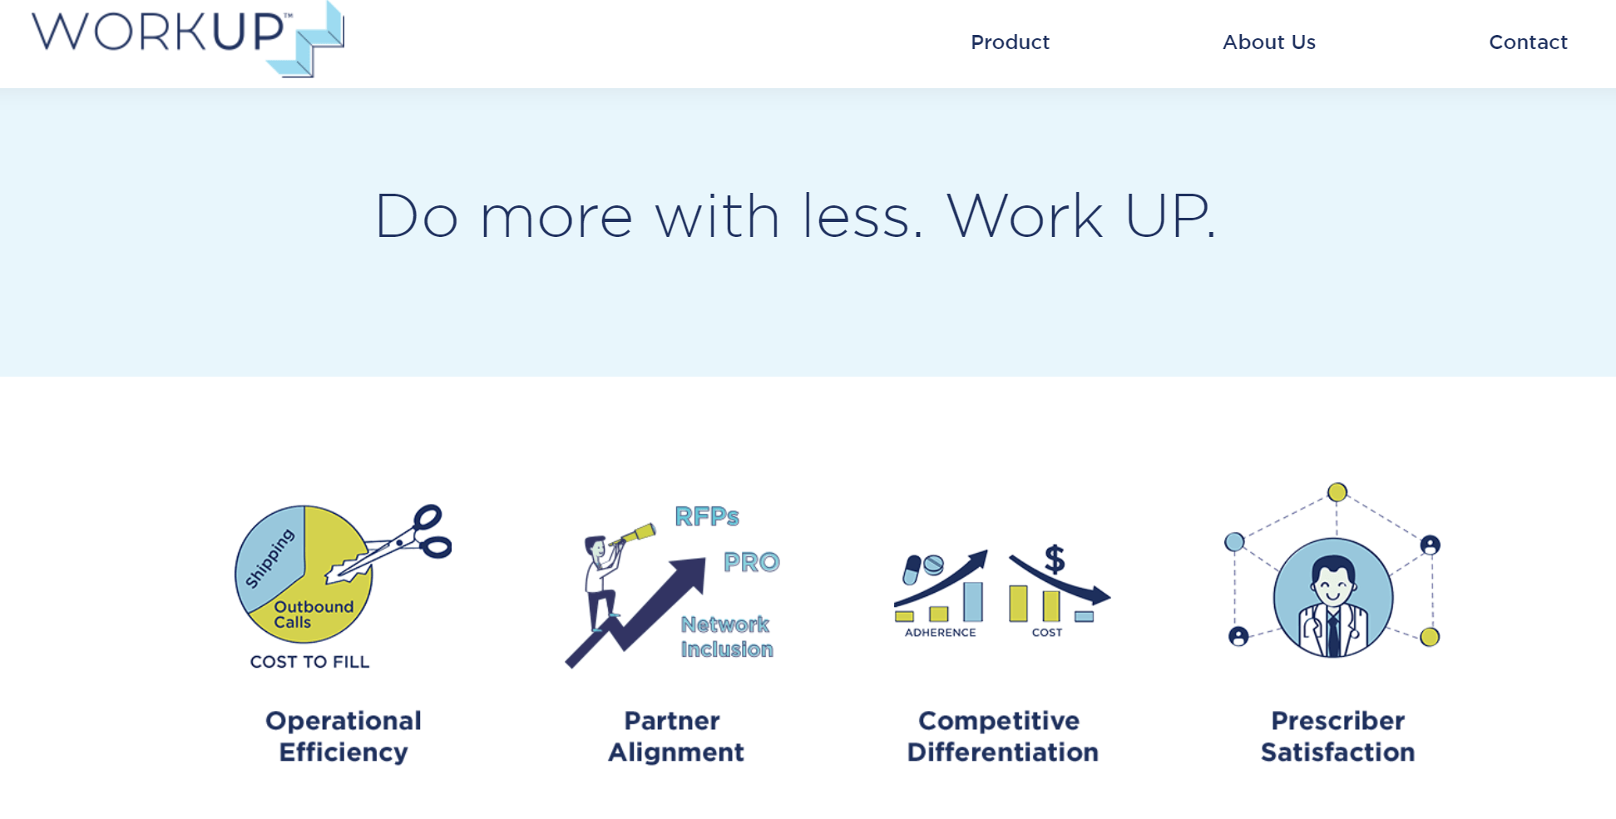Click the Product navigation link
[1010, 42]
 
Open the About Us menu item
[1269, 42]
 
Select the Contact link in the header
[1528, 42]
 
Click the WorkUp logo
[188, 39]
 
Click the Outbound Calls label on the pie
[314, 614]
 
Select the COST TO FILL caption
[309, 662]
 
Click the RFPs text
[707, 517]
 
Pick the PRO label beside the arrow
[752, 563]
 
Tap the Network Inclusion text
[727, 637]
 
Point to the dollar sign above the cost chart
[1055, 559]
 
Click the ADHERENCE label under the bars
[940, 633]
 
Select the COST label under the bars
[1047, 633]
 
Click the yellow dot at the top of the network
[1337, 492]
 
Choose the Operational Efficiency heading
[343, 736]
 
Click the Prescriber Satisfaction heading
[1337, 736]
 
